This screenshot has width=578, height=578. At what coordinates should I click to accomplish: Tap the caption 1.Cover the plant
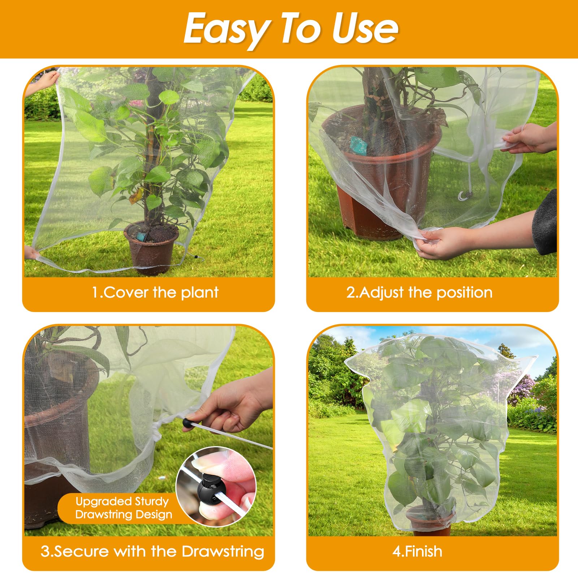(x=155, y=292)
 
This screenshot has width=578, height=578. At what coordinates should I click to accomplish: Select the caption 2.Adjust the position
(x=419, y=292)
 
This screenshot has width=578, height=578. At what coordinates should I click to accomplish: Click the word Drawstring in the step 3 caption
(x=223, y=551)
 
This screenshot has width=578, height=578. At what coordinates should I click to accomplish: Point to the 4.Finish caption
(x=418, y=551)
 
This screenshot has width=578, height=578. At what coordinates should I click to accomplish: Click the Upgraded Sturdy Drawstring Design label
(x=124, y=508)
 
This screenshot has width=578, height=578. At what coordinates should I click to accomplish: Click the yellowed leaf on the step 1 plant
(x=136, y=196)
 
